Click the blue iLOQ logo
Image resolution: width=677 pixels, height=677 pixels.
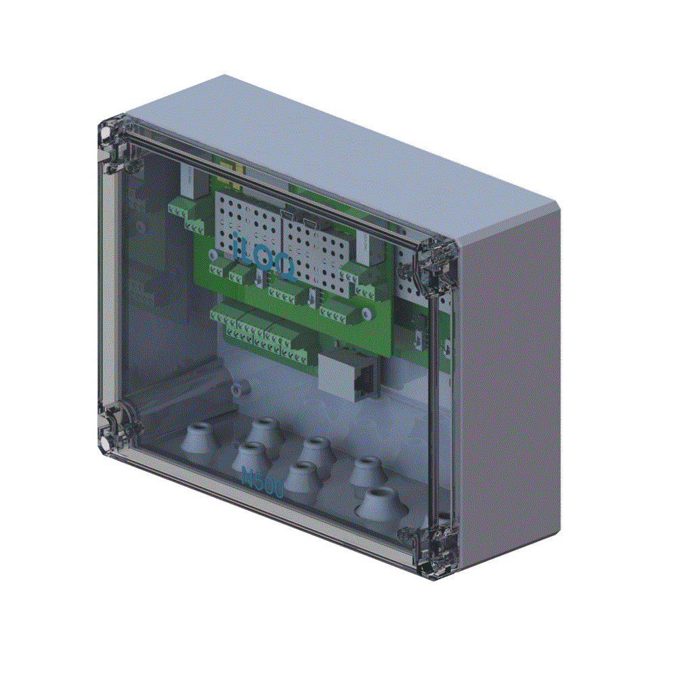(261, 255)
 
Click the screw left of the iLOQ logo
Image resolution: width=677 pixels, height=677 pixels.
(213, 255)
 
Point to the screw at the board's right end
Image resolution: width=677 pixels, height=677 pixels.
(366, 314)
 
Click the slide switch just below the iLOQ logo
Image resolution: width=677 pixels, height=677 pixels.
(260, 278)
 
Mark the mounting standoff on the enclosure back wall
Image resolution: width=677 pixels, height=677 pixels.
(238, 389)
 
